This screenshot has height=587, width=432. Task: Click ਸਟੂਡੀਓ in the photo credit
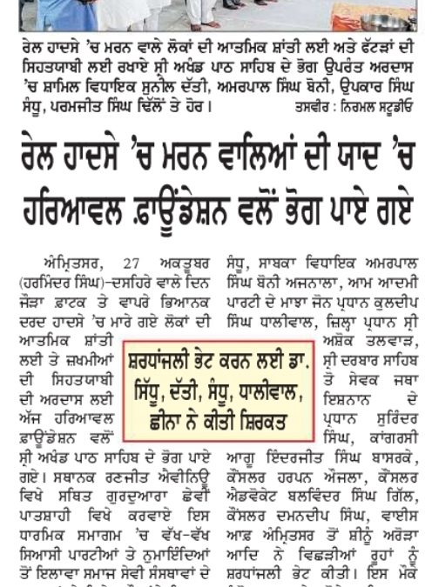(x=399, y=108)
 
